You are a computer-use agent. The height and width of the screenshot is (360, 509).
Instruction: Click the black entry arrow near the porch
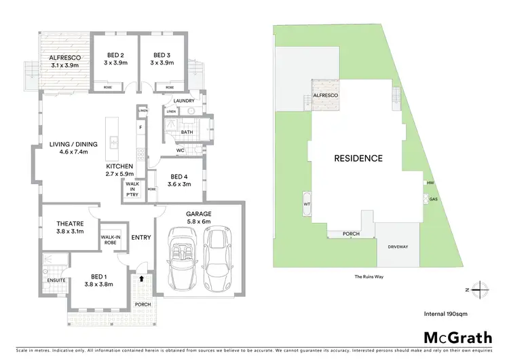[x=140, y=278]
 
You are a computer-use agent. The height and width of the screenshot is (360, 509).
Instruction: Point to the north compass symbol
[x=479, y=289]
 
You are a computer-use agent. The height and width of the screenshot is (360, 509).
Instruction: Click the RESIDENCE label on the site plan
[x=358, y=158]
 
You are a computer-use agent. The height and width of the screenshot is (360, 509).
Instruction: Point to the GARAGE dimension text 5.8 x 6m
[x=199, y=221]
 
